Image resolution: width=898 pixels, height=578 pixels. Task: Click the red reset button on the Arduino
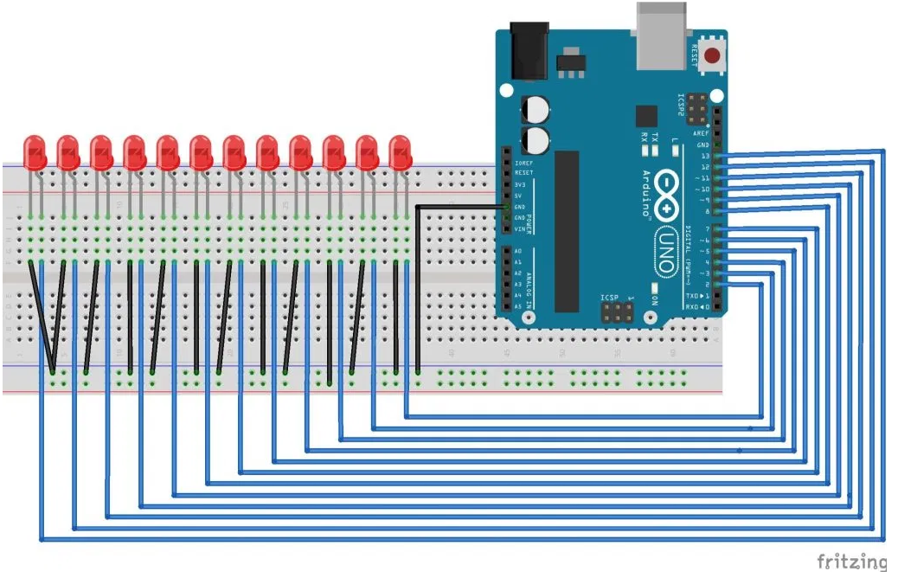coord(712,57)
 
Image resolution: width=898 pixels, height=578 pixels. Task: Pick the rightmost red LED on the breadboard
coord(399,152)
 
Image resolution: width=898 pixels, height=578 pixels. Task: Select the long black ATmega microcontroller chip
coord(567,230)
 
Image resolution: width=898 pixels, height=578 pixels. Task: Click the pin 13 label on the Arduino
coord(705,156)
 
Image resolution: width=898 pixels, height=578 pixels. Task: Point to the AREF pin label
coord(702,133)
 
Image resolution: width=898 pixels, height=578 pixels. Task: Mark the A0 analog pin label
coord(517,251)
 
